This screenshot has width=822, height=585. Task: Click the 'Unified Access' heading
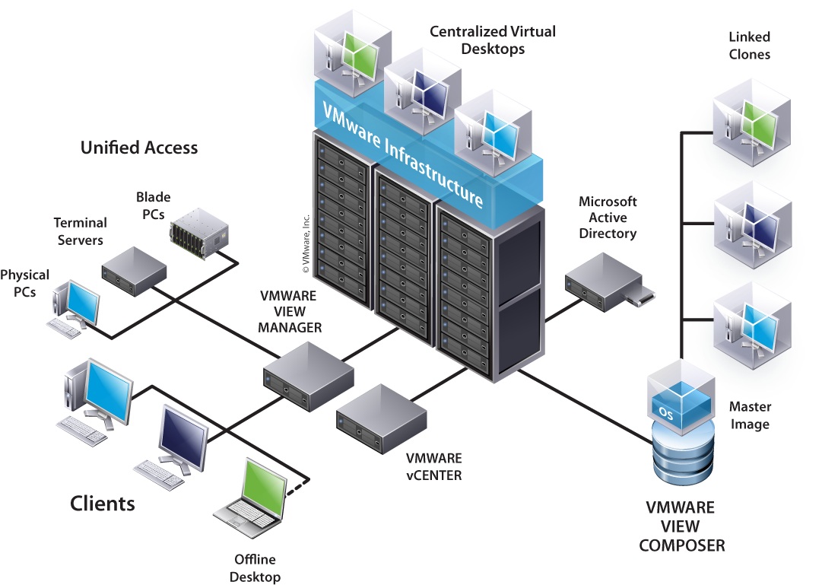[139, 148]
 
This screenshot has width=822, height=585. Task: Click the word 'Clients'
[103, 503]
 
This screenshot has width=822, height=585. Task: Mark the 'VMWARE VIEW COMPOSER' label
[681, 526]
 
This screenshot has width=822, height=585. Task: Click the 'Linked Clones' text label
[749, 46]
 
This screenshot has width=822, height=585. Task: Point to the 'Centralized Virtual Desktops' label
[493, 40]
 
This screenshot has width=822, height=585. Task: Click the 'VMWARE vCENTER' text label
[433, 467]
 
